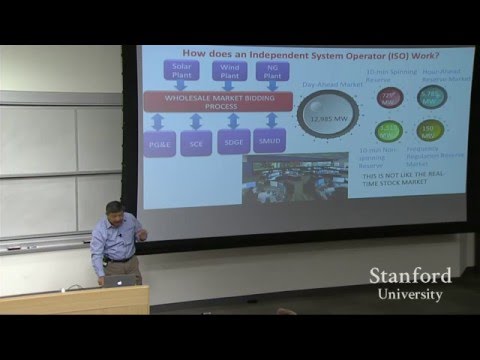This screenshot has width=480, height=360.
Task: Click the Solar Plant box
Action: click(186, 71)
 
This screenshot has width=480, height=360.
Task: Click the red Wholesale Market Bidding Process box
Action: click(217, 102)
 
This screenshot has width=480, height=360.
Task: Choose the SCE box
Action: click(196, 144)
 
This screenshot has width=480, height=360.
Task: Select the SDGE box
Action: click(234, 144)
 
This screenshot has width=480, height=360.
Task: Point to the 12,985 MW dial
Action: click(327, 116)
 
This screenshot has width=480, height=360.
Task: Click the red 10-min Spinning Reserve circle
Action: click(390, 97)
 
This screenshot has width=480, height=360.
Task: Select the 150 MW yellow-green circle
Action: click(430, 130)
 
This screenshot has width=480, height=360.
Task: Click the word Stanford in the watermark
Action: click(410, 275)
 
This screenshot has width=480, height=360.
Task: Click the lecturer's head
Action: click(116, 212)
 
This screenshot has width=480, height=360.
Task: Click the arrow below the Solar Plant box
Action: click(186, 86)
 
